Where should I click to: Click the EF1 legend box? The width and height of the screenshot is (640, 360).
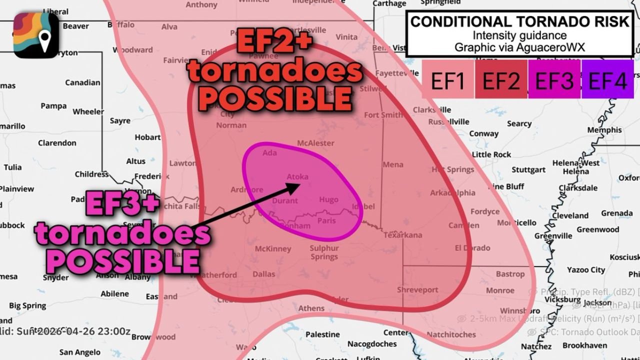[447, 80]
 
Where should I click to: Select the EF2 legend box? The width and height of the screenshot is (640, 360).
[501, 80]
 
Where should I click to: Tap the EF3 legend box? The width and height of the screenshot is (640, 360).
[554, 80]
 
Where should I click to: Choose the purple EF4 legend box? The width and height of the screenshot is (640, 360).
[607, 80]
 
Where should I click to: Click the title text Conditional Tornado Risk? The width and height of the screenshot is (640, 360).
[520, 21]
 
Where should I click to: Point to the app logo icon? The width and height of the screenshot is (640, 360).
[36, 35]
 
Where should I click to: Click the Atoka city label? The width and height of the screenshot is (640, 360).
[297, 176]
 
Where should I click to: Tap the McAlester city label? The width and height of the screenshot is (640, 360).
[315, 143]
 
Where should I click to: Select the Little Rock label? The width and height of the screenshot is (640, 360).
[491, 154]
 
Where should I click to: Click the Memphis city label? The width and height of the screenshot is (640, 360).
[604, 130]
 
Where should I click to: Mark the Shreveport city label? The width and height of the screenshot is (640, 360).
[417, 290]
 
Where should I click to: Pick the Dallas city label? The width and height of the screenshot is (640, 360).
[264, 274]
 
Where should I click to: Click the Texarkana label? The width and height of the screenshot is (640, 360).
[402, 235]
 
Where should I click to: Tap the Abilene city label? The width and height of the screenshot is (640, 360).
[115, 294]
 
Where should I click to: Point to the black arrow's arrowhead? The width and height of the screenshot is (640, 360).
[295, 186]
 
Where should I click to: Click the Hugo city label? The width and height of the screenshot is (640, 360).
[328, 199]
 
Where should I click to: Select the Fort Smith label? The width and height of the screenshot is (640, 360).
[383, 115]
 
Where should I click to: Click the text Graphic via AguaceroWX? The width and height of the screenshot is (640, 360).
[519, 47]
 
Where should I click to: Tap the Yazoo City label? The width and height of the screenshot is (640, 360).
[586, 270]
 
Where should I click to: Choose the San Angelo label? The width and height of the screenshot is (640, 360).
[80, 352]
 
